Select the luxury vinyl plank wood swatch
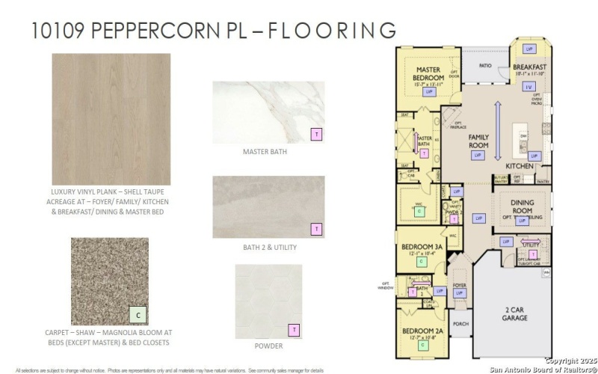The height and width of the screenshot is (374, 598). (111, 119)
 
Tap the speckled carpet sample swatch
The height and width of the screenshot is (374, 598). (109, 281)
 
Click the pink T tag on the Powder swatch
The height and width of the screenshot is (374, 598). (295, 330)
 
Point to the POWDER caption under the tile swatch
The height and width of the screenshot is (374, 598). (268, 346)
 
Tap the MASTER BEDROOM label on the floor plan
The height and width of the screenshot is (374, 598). (429, 74)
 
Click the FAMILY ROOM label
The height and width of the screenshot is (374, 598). (478, 141)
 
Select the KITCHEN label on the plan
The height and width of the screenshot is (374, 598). (519, 165)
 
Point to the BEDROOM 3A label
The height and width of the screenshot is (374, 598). (422, 246)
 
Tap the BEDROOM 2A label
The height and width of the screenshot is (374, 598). (423, 331)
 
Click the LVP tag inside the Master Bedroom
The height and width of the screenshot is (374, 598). (429, 92)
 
